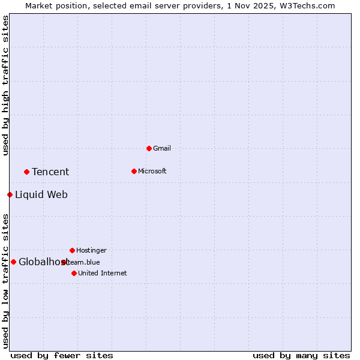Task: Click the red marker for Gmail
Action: (x=149, y=148)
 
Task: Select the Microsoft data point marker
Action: (x=134, y=171)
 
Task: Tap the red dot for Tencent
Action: (x=26, y=172)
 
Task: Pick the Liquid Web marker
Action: (x=10, y=194)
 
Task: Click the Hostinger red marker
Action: (x=72, y=250)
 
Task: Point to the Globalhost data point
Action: (x=13, y=262)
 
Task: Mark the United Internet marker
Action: (x=74, y=273)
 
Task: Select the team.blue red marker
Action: (x=64, y=262)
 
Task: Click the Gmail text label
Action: (x=162, y=148)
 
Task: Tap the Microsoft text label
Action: (x=152, y=171)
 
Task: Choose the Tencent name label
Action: (x=50, y=172)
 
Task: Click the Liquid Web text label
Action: (x=41, y=194)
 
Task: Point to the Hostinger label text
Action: (x=91, y=250)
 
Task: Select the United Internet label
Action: (x=102, y=273)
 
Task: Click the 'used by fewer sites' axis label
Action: (x=62, y=355)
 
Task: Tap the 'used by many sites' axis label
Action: (x=301, y=355)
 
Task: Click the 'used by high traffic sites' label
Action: (x=5, y=85)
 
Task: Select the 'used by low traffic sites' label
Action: (x=5, y=280)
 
